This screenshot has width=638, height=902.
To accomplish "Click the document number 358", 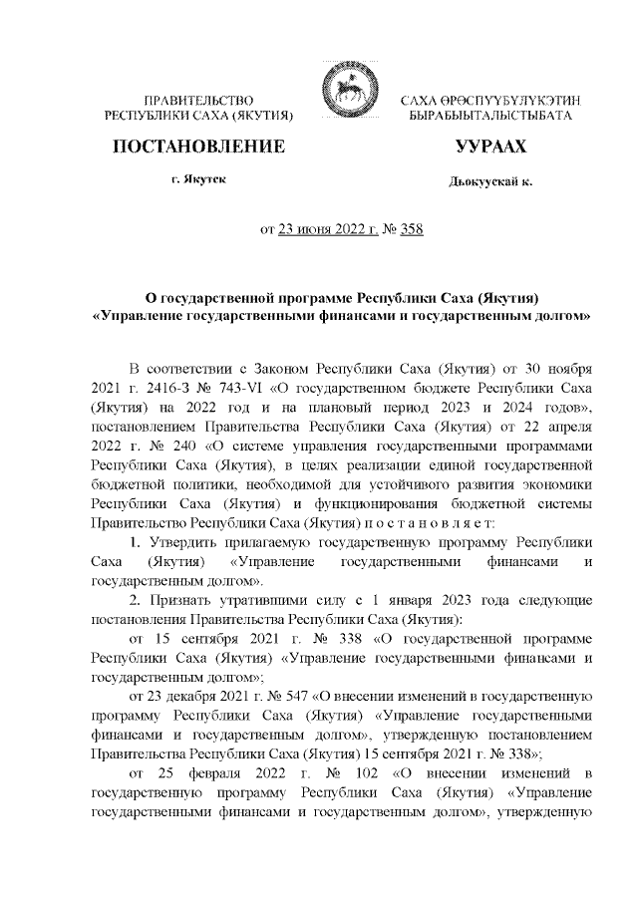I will pos(411,230).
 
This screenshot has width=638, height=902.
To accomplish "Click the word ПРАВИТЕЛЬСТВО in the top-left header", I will pos(200,103).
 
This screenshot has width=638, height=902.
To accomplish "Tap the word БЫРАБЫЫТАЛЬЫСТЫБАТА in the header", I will pos(490,118).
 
